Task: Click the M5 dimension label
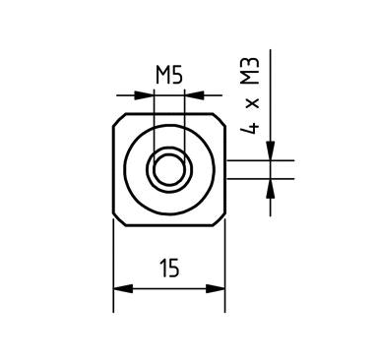(x=169, y=76)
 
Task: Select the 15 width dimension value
(x=168, y=269)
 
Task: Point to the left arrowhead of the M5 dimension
(x=148, y=94)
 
